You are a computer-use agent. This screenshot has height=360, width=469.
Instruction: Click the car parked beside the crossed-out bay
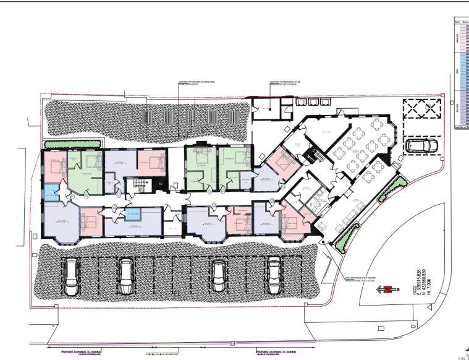[421, 146]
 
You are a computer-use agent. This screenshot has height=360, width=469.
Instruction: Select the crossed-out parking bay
[423, 110]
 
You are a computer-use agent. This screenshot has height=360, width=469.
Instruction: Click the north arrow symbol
[387, 289]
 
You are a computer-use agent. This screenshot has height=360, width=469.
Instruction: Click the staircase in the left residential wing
[140, 185]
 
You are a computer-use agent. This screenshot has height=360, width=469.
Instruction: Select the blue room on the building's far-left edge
[49, 192]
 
